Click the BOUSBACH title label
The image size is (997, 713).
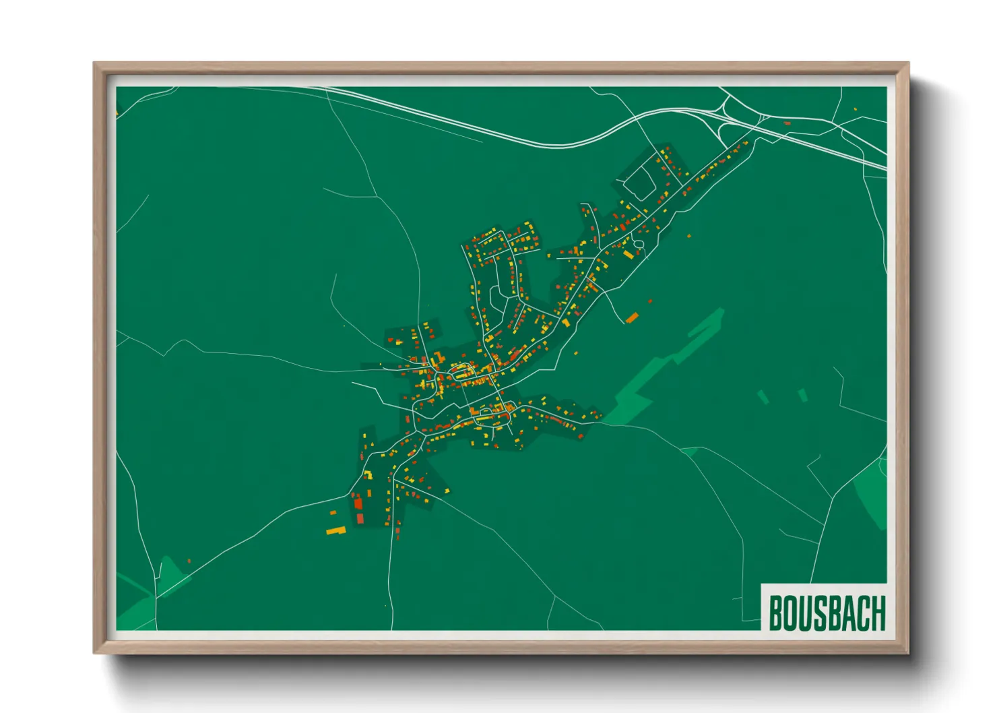tap(827, 612)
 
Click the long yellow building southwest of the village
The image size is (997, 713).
tap(335, 531)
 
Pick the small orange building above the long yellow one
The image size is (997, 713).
tap(333, 513)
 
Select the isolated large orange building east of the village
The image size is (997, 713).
tap(632, 317)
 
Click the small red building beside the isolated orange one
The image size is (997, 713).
tap(650, 301)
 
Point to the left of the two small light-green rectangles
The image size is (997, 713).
tap(763, 397)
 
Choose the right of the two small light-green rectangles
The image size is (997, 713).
tap(802, 395)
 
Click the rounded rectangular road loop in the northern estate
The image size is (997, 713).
tap(640, 177)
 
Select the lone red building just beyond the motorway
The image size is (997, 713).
tap(787, 123)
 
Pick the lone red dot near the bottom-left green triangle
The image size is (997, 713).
tap(189, 561)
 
